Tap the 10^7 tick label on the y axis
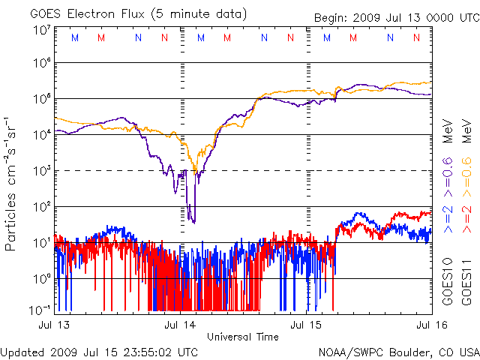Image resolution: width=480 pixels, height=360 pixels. point(42,30)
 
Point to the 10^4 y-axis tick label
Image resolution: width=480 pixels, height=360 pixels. point(42,134)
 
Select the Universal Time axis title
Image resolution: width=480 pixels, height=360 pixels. point(243,336)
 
